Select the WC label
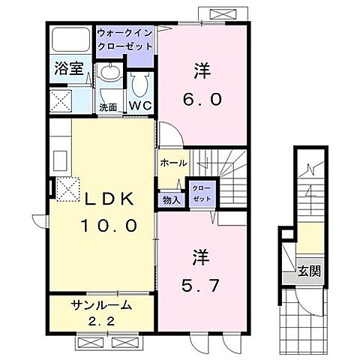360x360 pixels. coord(140,106)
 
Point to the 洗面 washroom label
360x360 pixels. coord(109,106)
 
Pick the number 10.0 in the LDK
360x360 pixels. coord(109,225)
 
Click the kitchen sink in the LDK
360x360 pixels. coord(60,160)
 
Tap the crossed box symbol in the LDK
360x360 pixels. coord(68,189)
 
